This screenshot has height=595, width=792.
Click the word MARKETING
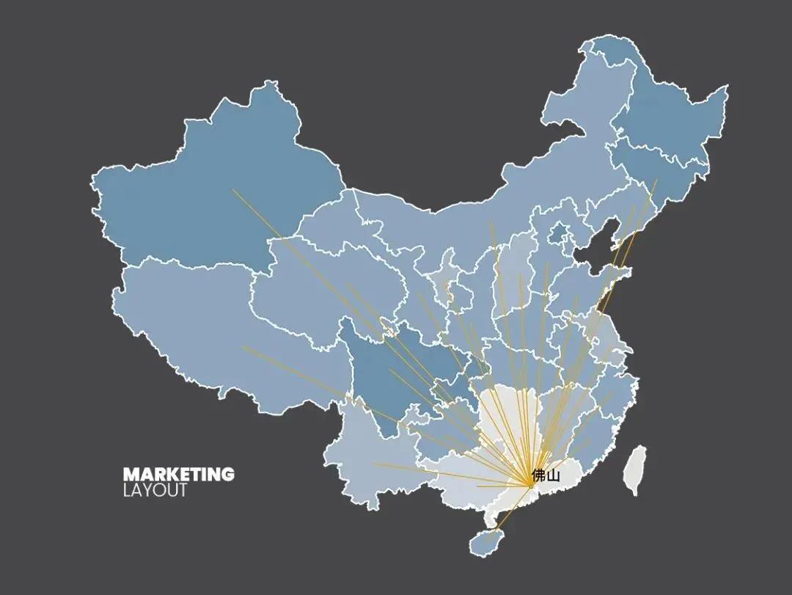coord(178,475)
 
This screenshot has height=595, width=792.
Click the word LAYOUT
coord(155,490)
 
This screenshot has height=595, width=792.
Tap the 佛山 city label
coord(546,475)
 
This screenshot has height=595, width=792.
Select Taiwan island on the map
coord(634,470)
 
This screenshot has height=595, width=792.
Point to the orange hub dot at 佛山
coord(531,486)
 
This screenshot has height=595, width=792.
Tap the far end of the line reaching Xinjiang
coord(233,190)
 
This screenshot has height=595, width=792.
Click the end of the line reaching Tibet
coord(243,347)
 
